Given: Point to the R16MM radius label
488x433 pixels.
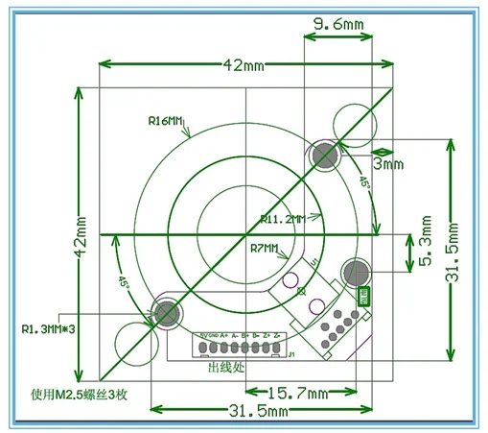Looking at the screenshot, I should coord(165,121).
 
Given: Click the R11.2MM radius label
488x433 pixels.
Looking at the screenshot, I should coord(280,219).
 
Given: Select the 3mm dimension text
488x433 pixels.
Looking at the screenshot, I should coord(388,164).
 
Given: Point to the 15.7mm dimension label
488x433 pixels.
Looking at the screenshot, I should coord(298,393).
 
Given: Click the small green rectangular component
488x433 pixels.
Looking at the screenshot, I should coord(363,297).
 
